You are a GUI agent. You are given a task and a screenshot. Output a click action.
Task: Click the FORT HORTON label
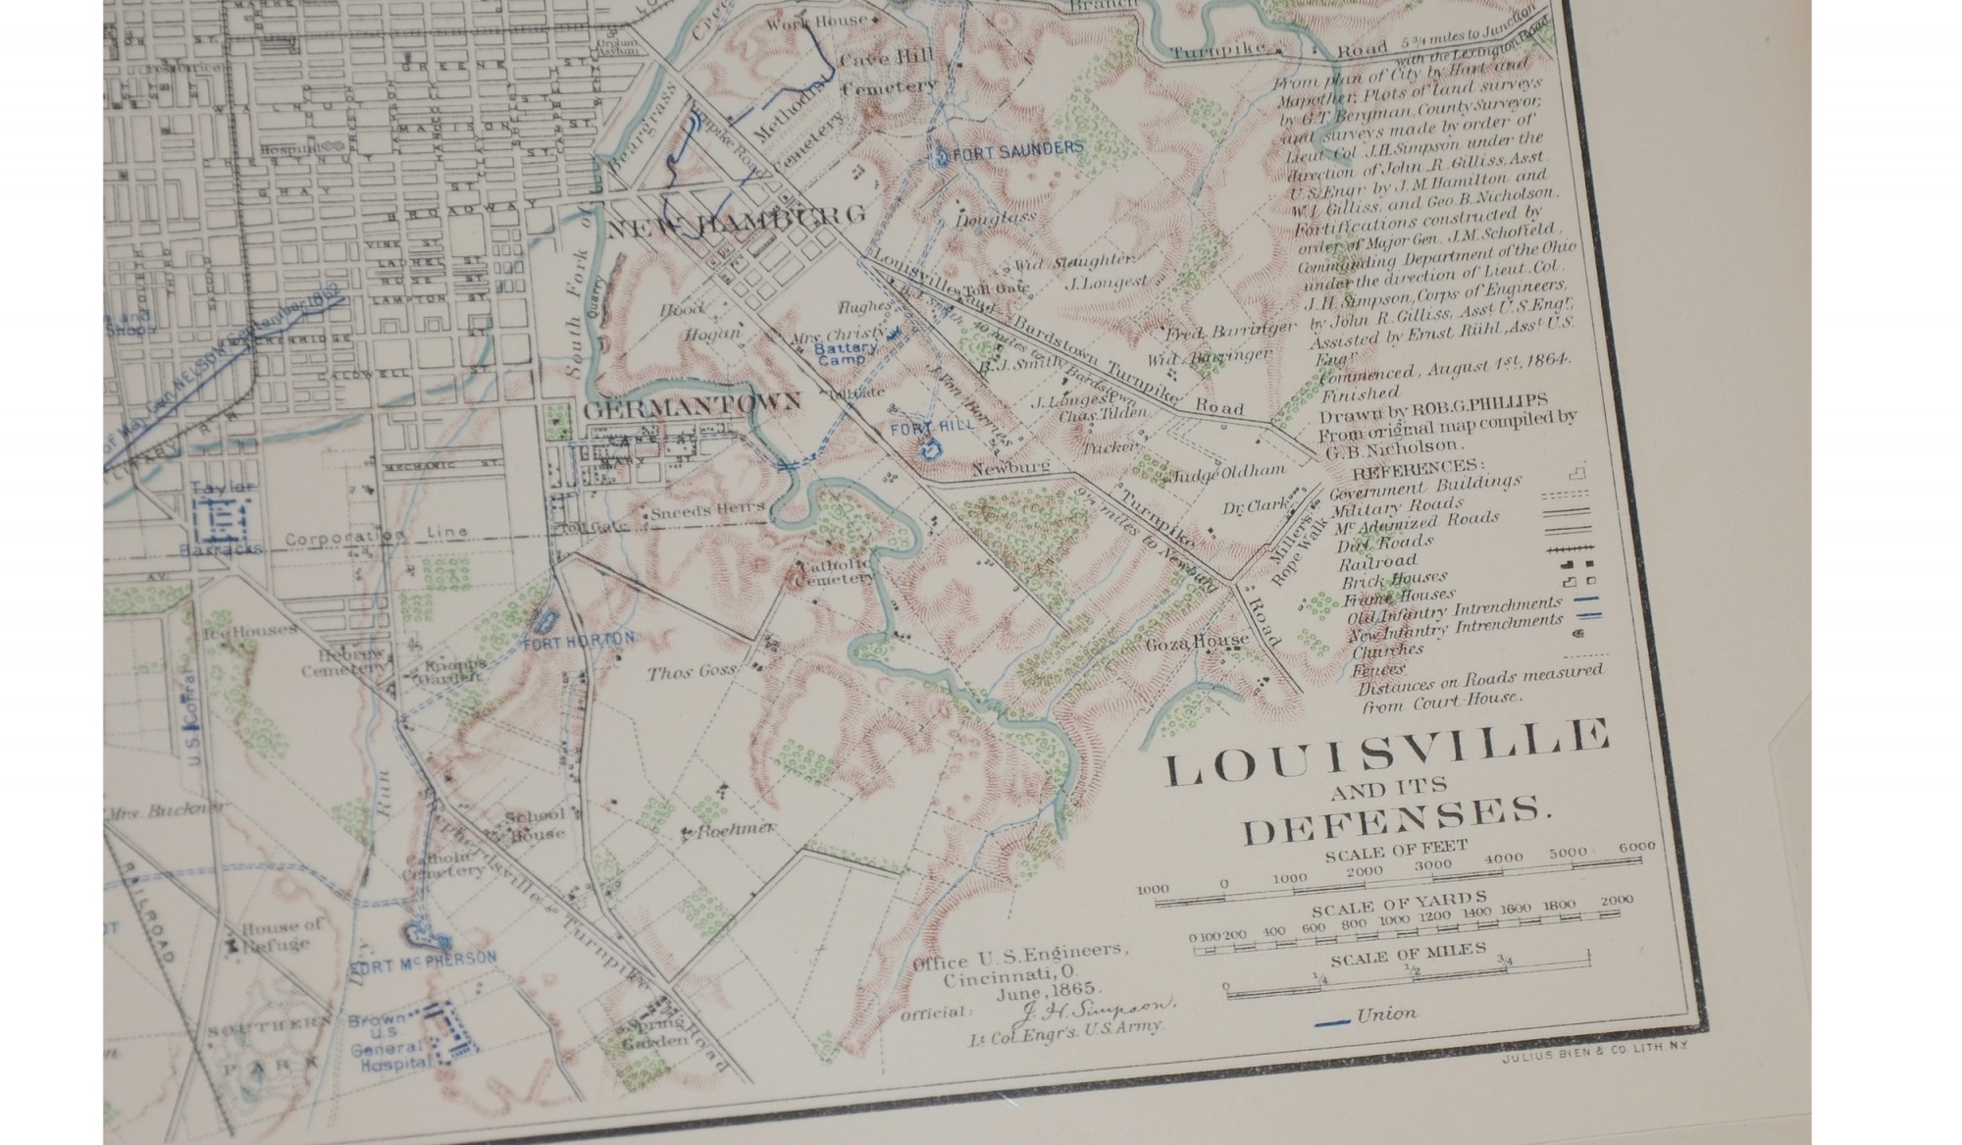(x=579, y=641)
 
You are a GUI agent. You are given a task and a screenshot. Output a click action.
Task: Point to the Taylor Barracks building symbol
(x=224, y=519)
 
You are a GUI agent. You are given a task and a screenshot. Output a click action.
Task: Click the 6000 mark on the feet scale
(x=1636, y=846)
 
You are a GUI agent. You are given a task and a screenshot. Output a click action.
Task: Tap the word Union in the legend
(x=1386, y=1015)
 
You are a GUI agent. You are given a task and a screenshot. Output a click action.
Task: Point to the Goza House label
(x=1197, y=643)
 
